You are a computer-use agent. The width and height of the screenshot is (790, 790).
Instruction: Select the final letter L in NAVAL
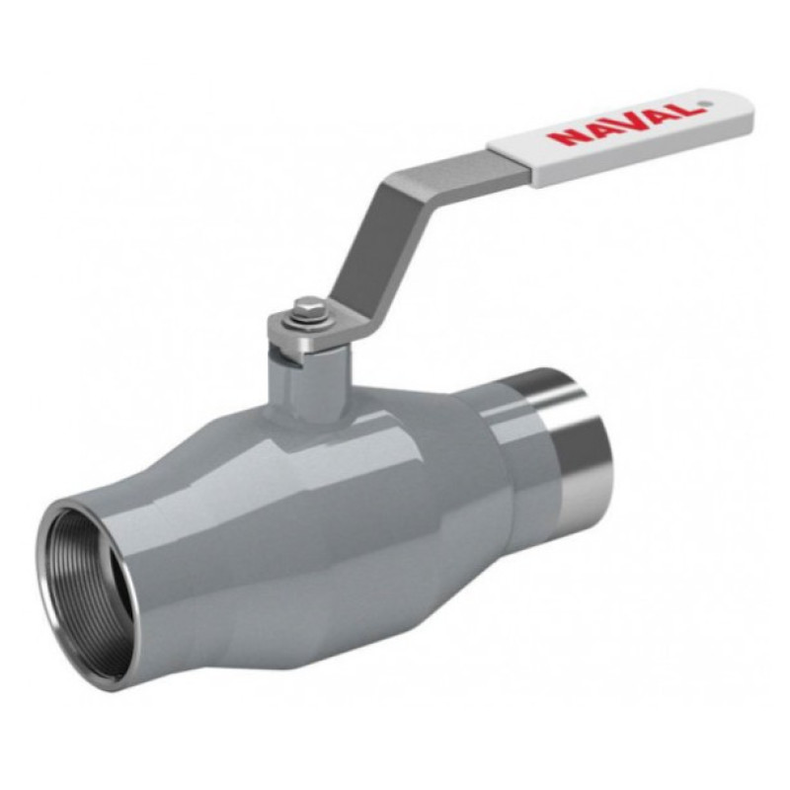click(x=688, y=110)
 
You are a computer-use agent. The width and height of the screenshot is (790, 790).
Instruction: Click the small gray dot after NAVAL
click(x=706, y=105)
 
